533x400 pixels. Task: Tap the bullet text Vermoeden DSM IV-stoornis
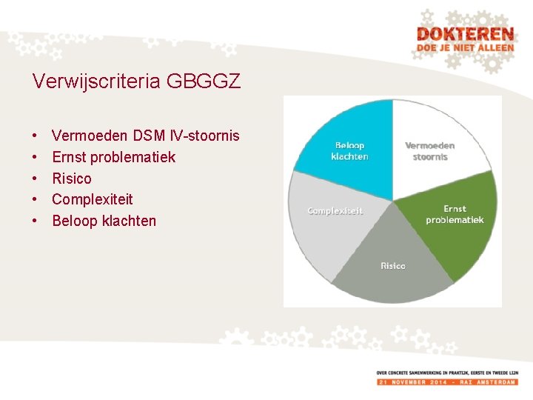(146, 136)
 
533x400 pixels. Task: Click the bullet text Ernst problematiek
(114, 157)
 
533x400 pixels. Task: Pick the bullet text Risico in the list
(72, 179)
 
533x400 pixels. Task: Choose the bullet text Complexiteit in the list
(93, 199)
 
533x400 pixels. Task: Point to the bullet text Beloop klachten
(104, 221)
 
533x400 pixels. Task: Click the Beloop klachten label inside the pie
(349, 151)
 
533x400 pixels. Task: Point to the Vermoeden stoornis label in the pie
(430, 151)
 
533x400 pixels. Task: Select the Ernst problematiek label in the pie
(455, 215)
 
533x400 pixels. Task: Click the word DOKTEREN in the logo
(464, 35)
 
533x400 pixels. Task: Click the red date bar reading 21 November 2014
(446, 381)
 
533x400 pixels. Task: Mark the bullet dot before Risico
(35, 179)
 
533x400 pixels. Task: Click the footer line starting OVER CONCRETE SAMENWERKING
(446, 373)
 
